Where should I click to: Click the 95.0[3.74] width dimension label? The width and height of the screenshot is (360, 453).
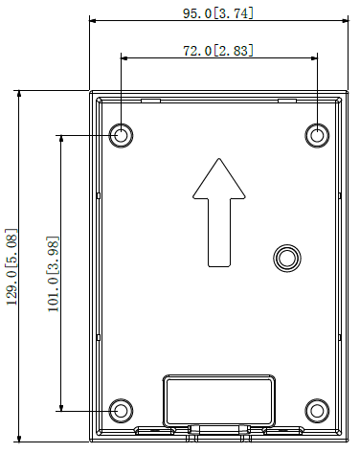(x=218, y=13)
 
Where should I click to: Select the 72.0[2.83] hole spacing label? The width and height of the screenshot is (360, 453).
(x=218, y=51)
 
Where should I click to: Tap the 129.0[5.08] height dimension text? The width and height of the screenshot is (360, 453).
(x=11, y=266)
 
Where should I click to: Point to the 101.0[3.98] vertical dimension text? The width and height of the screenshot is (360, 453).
(x=53, y=274)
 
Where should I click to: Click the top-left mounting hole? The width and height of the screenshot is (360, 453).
(x=121, y=135)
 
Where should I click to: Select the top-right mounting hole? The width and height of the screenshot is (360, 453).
(x=317, y=135)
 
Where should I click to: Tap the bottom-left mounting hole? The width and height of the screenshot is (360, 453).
(x=121, y=411)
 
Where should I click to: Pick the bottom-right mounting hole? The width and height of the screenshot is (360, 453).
(x=317, y=411)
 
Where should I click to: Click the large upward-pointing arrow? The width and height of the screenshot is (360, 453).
(x=219, y=213)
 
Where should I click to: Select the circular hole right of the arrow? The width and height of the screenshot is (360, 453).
(x=287, y=258)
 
